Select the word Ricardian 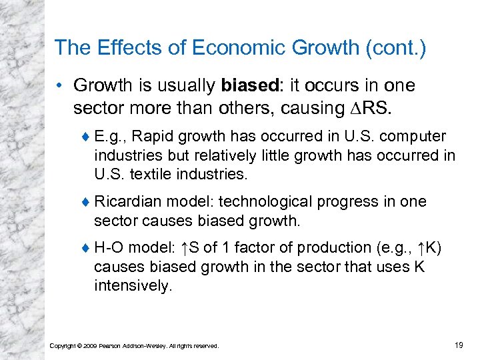129,202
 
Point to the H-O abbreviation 109,248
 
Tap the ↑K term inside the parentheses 427,248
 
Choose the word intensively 133,287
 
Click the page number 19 458,345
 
